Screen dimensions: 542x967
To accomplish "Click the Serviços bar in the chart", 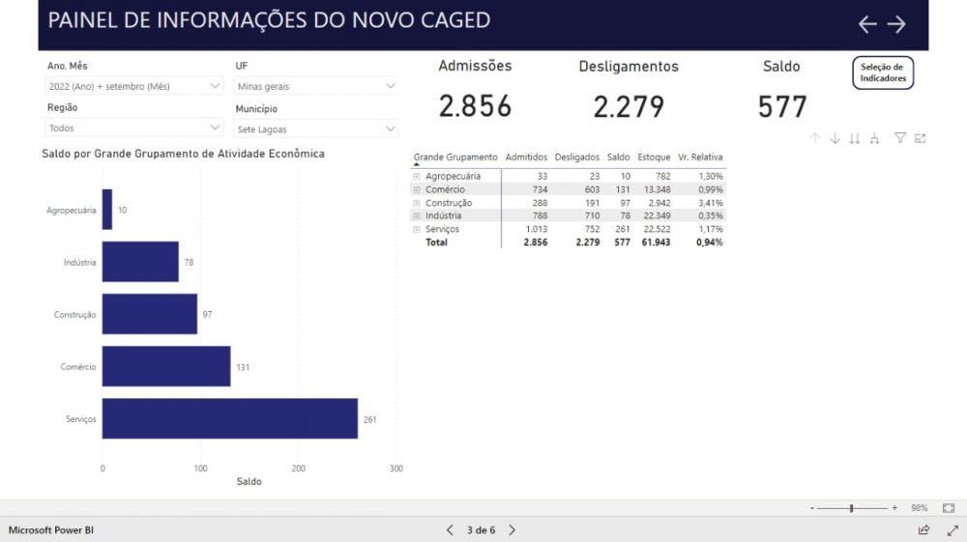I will (229, 418).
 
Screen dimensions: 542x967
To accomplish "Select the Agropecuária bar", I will (107, 210).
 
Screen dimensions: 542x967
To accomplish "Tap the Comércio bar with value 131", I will (166, 366).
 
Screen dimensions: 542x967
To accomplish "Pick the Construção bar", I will (150, 314).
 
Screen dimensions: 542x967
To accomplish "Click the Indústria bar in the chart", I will (140, 262).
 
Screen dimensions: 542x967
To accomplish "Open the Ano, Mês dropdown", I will (135, 86).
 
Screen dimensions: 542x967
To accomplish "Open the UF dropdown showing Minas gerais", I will (317, 86).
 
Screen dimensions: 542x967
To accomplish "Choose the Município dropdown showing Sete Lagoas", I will (317, 128).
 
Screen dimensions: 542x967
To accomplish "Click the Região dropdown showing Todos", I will (135, 128).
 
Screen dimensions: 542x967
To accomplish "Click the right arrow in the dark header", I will (896, 24).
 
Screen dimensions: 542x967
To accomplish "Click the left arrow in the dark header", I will (867, 24).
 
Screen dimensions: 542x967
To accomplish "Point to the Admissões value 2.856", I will (475, 105).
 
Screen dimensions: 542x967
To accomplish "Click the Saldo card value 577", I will (781, 105).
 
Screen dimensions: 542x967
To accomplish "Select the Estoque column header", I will (654, 157).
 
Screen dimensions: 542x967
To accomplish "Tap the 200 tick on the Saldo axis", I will (299, 468).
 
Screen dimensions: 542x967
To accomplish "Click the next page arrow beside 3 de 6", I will (513, 529).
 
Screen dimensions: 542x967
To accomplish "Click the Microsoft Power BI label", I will (51, 530).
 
